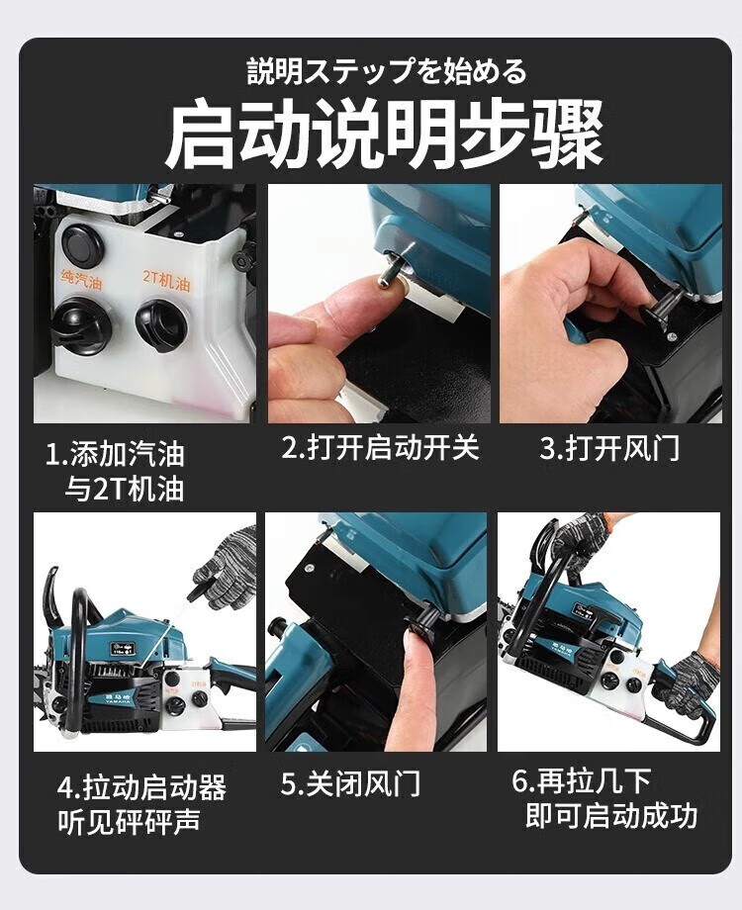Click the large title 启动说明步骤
pos(384,133)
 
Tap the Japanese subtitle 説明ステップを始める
pos(386,71)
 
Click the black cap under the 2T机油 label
pos(161,326)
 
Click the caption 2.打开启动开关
pos(380,448)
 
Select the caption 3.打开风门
pos(609,448)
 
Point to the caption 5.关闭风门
pos(350,784)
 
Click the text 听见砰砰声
pos(129,821)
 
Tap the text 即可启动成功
pos(610,815)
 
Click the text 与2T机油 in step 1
pos(125,489)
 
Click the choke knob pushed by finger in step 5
pos(423,623)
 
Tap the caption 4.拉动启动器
pos(141,787)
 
